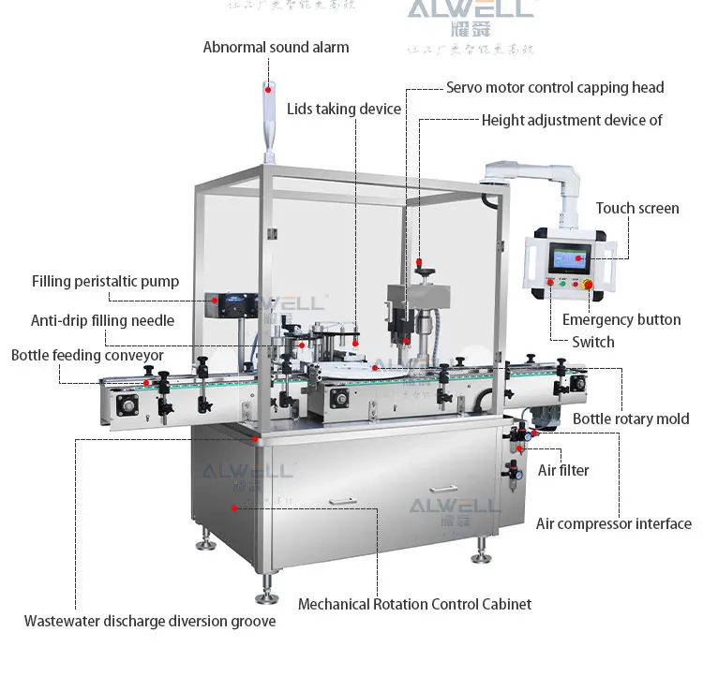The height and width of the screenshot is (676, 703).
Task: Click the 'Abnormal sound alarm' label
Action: (276, 47)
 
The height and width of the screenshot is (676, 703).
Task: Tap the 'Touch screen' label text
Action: (637, 208)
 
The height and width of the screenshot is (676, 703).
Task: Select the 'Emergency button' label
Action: (621, 319)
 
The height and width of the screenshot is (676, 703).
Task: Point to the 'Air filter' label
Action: (563, 470)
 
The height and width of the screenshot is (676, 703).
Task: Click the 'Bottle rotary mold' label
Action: (631, 419)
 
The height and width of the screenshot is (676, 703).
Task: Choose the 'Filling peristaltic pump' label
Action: (105, 281)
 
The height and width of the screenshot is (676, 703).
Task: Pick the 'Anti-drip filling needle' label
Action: (102, 320)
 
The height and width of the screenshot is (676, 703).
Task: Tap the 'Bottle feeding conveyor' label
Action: (87, 356)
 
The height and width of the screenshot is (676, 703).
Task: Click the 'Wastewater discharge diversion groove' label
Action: (150, 621)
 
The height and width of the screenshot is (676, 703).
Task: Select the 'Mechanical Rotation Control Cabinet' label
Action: (414, 604)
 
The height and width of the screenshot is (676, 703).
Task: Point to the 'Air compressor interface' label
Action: (613, 523)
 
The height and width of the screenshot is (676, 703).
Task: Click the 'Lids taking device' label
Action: (344, 109)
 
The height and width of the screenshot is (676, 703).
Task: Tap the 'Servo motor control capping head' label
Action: (555, 87)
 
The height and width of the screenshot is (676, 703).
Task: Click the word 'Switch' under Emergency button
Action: (593, 342)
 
